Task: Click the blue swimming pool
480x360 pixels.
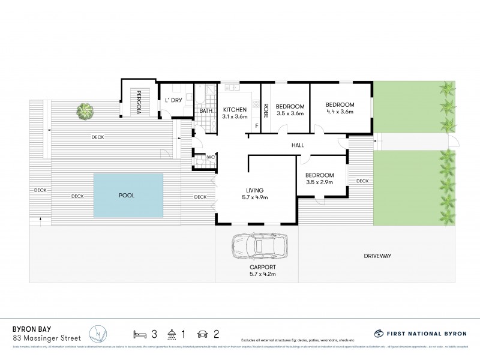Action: [128, 196]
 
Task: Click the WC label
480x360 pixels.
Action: [211, 158]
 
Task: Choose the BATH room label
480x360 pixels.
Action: [205, 111]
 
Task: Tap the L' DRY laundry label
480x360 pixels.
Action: [173, 100]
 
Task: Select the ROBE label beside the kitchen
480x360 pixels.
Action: [266, 111]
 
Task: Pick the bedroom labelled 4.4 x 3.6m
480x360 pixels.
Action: [340, 107]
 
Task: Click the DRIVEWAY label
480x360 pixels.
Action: [377, 256]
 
